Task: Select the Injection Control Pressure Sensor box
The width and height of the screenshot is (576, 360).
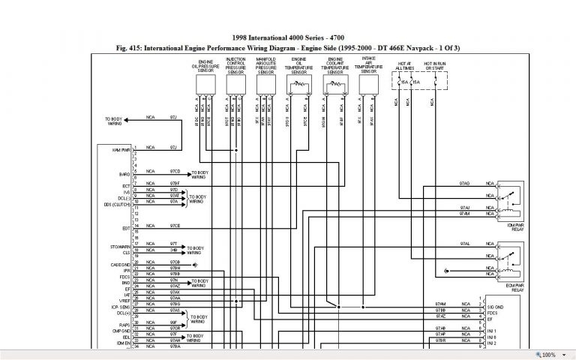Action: click(x=235, y=87)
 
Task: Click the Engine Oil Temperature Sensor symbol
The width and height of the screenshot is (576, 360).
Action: click(x=299, y=87)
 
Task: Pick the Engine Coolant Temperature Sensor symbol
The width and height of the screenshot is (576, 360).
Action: click(x=334, y=87)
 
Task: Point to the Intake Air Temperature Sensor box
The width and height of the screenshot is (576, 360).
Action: click(x=368, y=87)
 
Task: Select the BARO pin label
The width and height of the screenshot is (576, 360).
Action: click(x=125, y=174)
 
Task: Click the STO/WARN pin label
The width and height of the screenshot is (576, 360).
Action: click(x=121, y=244)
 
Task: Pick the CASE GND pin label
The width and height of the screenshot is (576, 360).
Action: click(x=121, y=264)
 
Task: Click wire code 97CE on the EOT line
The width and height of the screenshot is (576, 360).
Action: click(x=174, y=226)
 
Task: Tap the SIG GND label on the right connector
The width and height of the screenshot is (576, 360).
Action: click(x=495, y=308)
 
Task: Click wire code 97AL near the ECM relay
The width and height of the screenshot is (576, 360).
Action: click(x=465, y=244)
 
